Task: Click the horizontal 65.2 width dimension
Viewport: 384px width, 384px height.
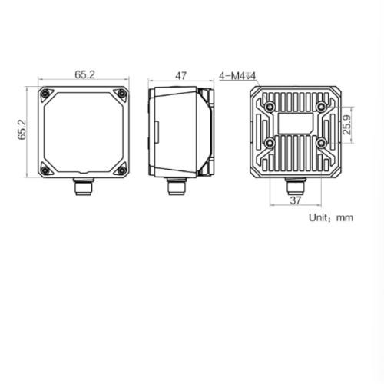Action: pos(84,74)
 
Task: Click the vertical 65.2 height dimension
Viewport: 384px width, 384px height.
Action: pos(22,130)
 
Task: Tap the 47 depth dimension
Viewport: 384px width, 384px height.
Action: pos(180,76)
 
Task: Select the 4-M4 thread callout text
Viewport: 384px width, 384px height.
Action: pos(237,76)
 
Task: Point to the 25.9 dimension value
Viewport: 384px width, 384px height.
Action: pos(346,124)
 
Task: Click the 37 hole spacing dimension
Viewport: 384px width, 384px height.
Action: pos(296,200)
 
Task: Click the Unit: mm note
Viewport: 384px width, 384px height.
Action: pos(331,217)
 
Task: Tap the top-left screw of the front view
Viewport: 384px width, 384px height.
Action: pos(45,94)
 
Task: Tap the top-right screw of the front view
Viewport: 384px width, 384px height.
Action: pos(122,94)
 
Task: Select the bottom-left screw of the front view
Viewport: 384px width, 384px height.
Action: pos(45,170)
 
